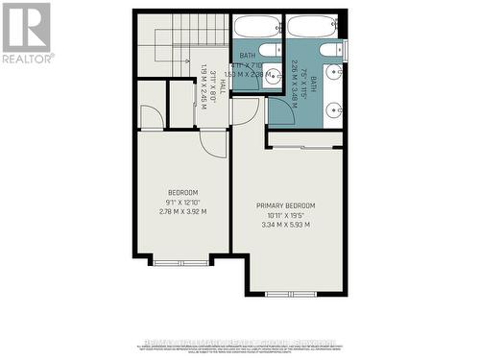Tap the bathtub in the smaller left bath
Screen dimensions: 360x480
(256, 27)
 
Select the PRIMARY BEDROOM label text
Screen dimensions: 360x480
(286, 206)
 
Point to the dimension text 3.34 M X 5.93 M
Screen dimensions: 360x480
(286, 227)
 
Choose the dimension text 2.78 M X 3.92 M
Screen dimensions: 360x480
(182, 212)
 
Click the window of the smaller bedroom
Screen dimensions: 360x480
(180, 261)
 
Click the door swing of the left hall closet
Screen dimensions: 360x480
(151, 117)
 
